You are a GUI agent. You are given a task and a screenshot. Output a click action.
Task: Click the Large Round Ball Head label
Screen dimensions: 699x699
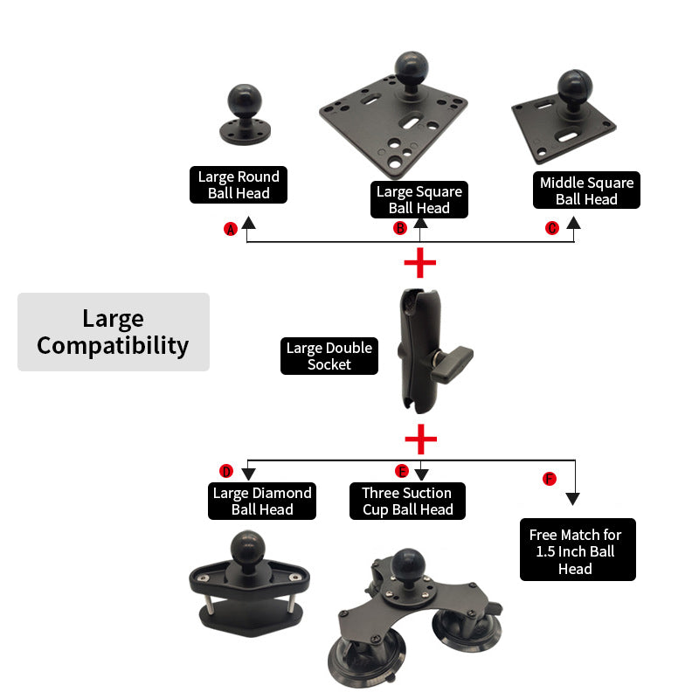(238, 185)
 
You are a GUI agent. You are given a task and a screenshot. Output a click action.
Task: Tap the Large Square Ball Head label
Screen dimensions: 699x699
(419, 199)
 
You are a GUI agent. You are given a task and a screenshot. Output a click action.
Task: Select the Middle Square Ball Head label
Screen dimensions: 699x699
(586, 190)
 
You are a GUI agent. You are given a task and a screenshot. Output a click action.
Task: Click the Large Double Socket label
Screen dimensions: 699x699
(329, 356)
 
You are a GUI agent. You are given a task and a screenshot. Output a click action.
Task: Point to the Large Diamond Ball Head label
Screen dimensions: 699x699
(261, 501)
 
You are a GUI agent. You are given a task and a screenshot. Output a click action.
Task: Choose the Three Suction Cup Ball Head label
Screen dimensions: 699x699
(407, 501)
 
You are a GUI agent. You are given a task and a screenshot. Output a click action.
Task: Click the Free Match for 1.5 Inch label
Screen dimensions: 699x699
(577, 550)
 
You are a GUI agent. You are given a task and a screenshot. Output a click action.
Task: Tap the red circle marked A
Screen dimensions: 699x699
(231, 229)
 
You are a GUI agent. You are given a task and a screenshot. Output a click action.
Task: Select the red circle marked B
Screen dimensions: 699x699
(400, 228)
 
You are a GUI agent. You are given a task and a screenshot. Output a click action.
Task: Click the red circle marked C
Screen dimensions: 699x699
(552, 228)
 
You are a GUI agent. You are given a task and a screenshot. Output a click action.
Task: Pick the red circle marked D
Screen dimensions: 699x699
(226, 472)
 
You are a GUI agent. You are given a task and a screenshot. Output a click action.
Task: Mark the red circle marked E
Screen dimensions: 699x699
(402, 472)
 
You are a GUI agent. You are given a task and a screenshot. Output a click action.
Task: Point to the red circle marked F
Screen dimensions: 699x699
(550, 479)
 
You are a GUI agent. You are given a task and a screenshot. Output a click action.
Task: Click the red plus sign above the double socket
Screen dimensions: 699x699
(420, 262)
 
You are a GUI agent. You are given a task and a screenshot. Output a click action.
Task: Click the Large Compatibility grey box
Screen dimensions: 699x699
(114, 332)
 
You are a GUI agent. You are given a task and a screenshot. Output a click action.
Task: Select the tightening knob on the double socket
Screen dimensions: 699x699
(454, 357)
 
